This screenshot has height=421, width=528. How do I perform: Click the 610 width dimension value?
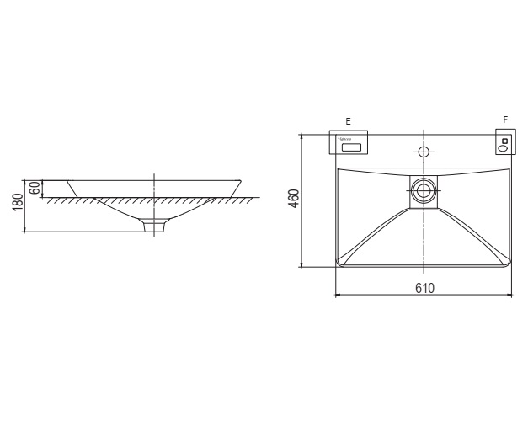(x=424, y=288)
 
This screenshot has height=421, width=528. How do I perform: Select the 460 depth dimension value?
(x=294, y=200)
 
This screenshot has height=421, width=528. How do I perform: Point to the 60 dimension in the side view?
(x=35, y=188)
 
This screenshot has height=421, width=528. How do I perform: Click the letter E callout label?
(x=349, y=121)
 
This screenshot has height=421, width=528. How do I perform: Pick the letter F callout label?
(x=504, y=120)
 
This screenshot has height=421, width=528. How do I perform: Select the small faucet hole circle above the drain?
(x=424, y=152)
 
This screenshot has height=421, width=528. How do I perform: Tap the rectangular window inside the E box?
(x=351, y=147)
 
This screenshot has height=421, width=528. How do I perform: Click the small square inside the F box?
(x=504, y=140)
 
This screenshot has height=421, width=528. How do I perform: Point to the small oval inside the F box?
(x=504, y=148)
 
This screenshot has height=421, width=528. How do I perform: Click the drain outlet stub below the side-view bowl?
(x=154, y=226)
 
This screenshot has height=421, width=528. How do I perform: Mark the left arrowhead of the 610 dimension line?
(x=338, y=296)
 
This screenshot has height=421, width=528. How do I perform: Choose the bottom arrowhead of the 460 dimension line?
(x=301, y=265)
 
